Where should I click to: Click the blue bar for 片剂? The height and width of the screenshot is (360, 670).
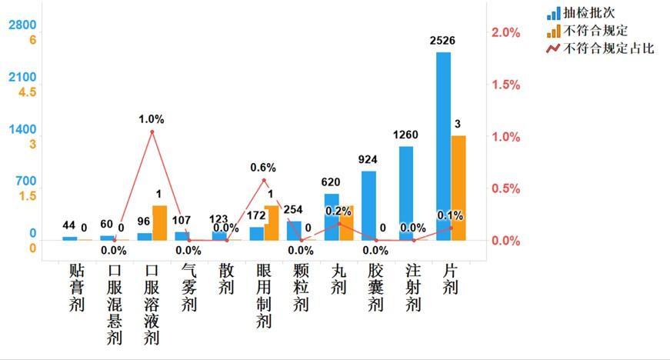click(443, 146)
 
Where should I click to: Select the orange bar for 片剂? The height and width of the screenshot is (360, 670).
click(458, 188)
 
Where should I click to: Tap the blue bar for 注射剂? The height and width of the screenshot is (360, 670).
click(405, 193)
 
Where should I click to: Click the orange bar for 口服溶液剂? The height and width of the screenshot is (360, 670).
click(159, 223)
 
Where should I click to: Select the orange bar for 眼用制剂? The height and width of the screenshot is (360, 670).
click(272, 223)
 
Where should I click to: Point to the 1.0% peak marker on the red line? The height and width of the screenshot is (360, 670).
click(152, 132)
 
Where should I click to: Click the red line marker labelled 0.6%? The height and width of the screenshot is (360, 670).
click(264, 181)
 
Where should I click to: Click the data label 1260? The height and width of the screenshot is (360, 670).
click(405, 135)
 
